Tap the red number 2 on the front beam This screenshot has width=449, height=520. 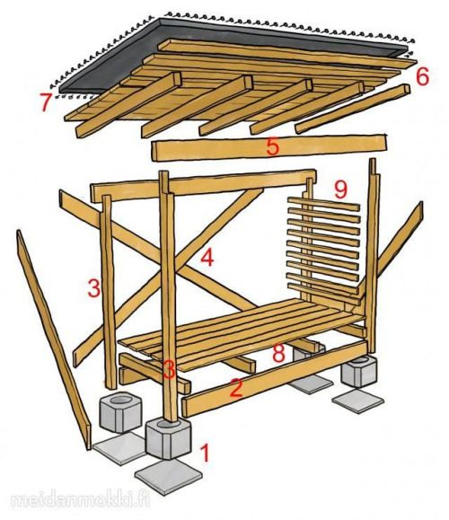pos(236,389)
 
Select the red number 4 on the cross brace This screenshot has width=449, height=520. pos(207,258)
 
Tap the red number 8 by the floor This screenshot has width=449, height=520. pos(279,353)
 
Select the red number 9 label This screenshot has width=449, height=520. pos(340,189)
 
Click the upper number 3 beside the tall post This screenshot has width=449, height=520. pos(93,288)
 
